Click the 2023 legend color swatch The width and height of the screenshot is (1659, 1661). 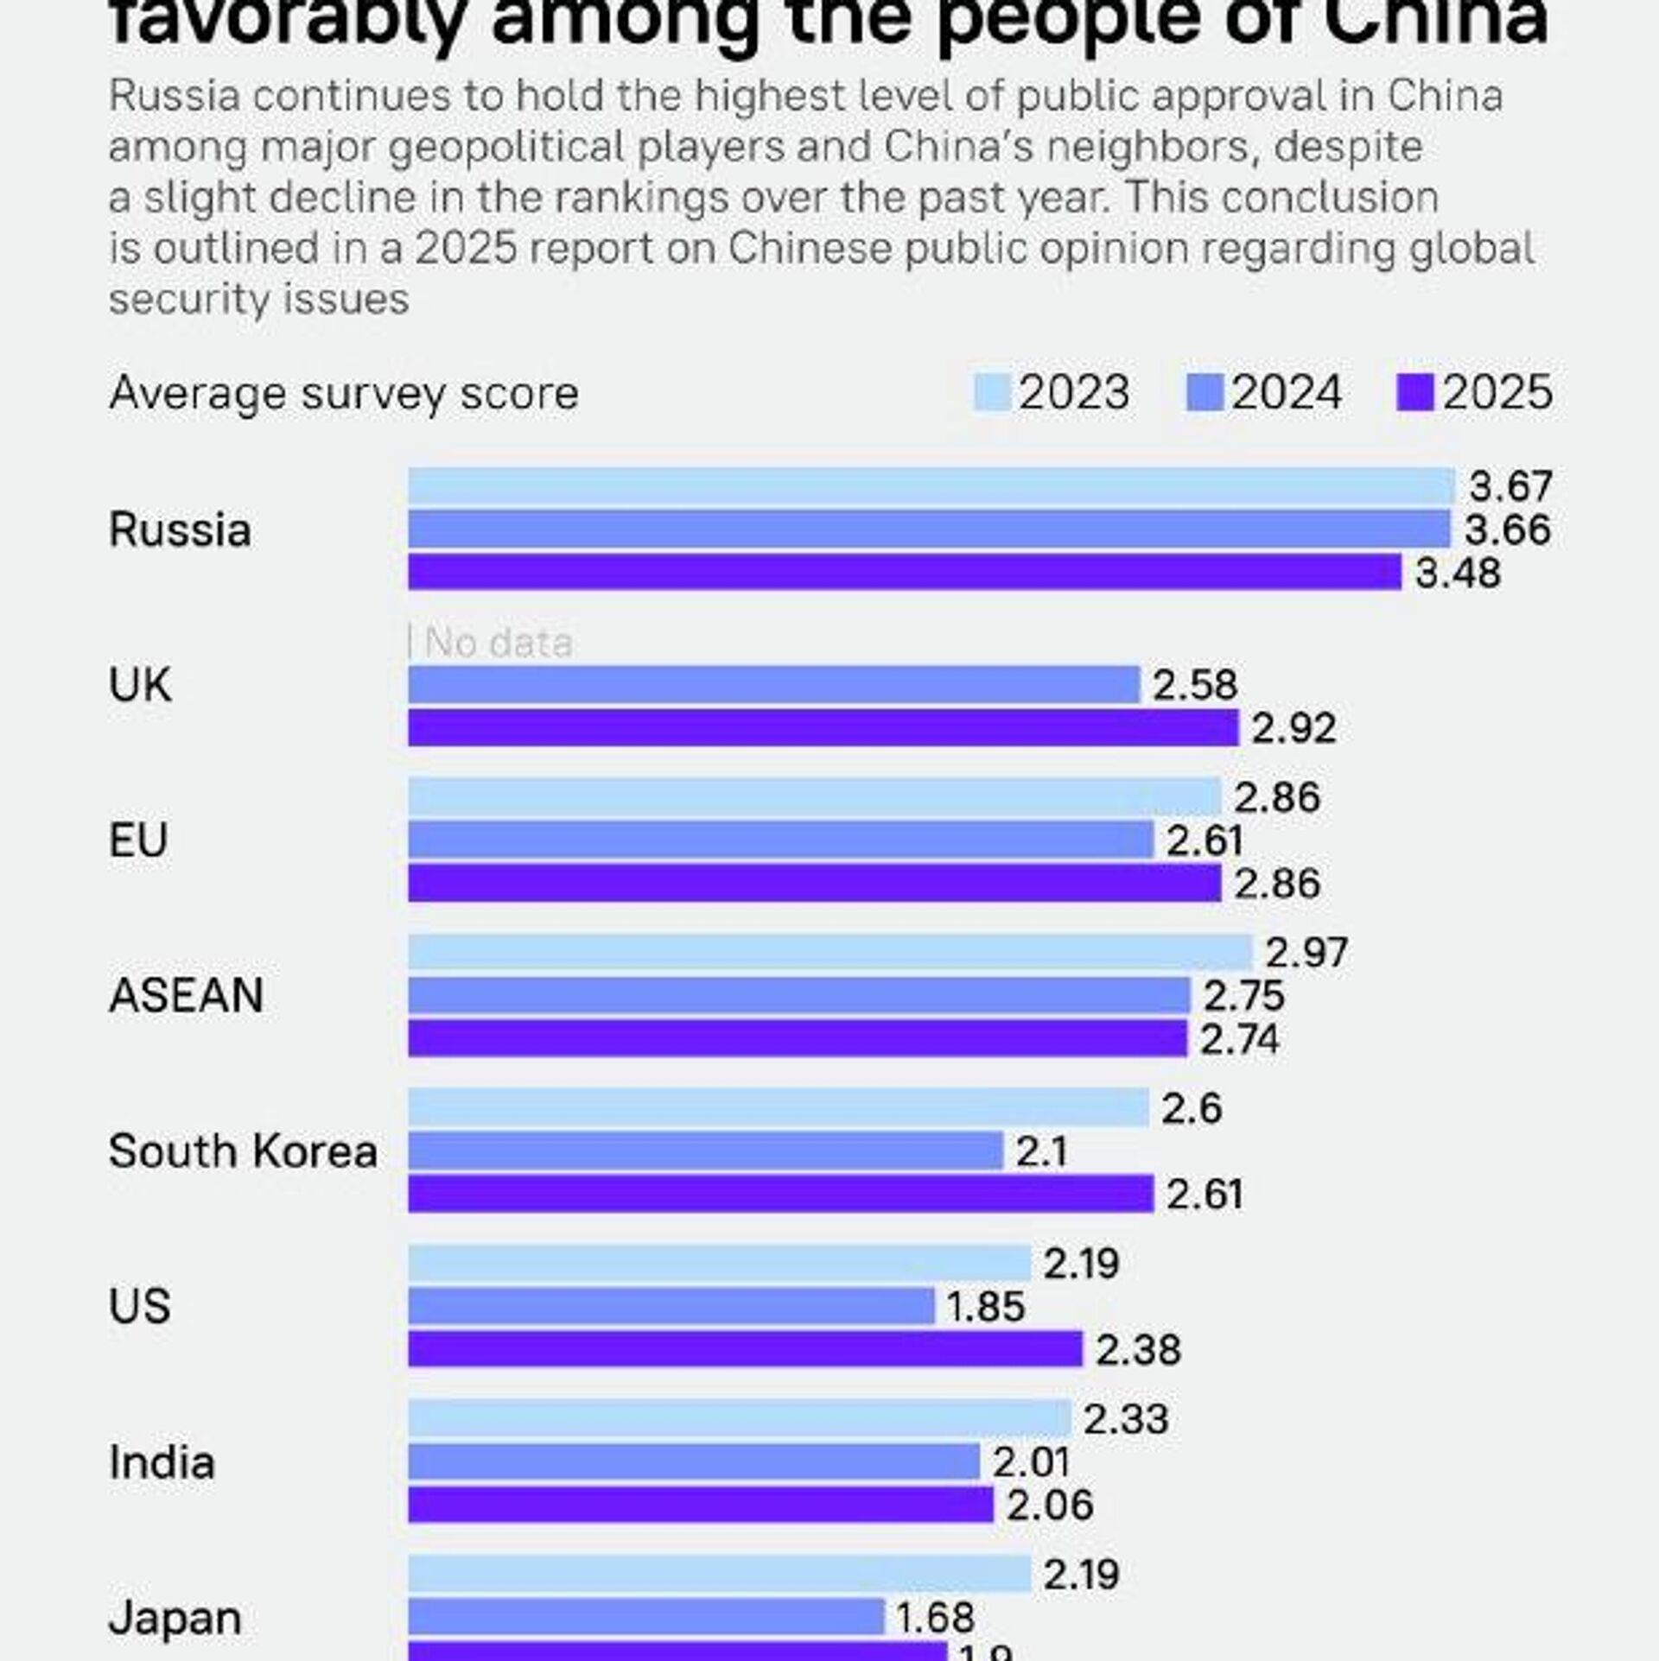[992, 393]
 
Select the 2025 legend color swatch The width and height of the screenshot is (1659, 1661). [1415, 393]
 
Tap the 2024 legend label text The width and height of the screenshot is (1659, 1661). [1287, 393]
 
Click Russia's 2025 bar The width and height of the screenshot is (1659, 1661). [904, 573]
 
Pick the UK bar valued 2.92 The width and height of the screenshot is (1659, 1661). [823, 727]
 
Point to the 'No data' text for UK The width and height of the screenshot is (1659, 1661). [499, 643]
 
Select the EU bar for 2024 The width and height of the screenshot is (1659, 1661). [780, 840]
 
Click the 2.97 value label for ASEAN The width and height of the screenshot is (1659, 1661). [1306, 953]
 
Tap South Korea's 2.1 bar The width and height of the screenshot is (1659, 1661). [705, 1151]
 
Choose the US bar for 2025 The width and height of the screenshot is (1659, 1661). [745, 1349]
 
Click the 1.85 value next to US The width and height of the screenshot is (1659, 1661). [986, 1307]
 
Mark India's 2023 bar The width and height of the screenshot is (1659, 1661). [739, 1418]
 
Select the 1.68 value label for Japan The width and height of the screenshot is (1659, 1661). [935, 1617]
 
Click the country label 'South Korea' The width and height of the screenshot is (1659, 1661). [243, 1151]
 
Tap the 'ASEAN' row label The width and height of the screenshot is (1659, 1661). [186, 995]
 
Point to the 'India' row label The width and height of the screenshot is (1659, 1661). [162, 1462]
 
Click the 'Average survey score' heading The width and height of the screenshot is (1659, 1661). [343, 394]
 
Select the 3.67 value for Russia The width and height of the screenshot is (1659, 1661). [1511, 486]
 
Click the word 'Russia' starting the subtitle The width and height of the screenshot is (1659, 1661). [174, 96]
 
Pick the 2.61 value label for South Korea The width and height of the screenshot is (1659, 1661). [1205, 1195]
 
